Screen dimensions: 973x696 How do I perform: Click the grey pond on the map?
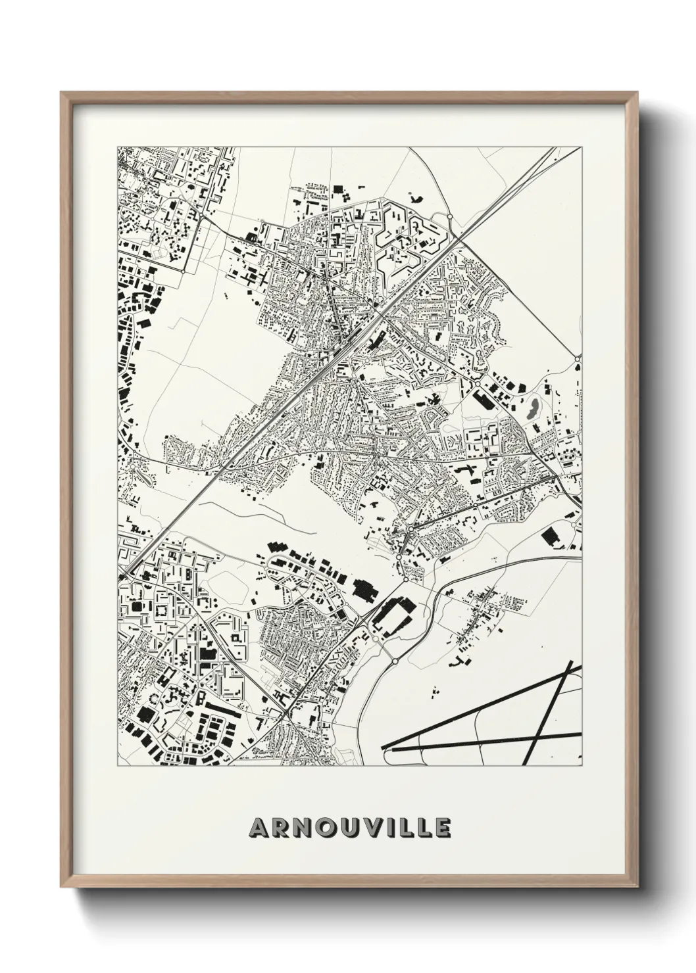point(531,408)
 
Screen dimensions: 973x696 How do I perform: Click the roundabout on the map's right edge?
point(578,358)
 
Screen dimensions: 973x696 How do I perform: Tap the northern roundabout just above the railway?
point(450,216)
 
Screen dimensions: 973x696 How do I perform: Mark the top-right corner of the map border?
point(583,147)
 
